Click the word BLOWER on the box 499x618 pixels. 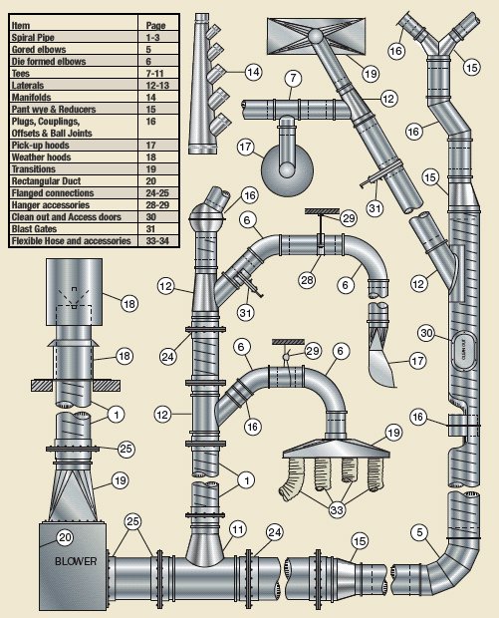coord(76,561)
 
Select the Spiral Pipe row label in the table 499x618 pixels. coord(33,38)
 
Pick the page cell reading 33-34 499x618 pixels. coord(157,241)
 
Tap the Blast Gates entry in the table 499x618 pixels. coord(34,229)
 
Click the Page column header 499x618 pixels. coord(156,26)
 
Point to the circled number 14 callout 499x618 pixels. coord(254,72)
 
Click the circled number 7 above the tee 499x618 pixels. coord(293,78)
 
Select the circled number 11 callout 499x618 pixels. coord(237,529)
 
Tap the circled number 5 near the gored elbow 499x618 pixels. coord(420,532)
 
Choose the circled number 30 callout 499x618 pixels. coord(427,333)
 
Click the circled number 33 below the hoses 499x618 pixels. coord(337,510)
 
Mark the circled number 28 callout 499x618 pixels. coord(307,280)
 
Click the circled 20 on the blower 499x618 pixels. coord(66,537)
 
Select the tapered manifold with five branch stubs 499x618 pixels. coord(207,84)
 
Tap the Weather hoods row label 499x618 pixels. coord(42,157)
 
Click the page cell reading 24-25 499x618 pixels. coord(157,193)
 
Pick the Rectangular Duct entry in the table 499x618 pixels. coord(46,181)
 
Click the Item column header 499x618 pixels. coord(21,26)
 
